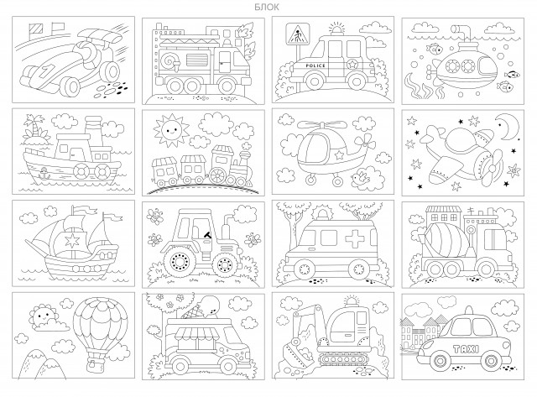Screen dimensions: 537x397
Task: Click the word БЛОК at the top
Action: (x=267, y=7)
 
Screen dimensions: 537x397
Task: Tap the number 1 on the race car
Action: (x=44, y=72)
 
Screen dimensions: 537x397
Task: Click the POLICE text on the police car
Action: (x=315, y=65)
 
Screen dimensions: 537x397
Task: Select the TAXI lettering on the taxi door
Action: (x=466, y=349)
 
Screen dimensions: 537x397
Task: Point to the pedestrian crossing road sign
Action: (x=297, y=34)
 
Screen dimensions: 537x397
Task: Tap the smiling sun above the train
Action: (x=171, y=129)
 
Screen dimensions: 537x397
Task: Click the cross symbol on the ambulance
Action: (x=355, y=238)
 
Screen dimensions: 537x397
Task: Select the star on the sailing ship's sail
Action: (x=72, y=240)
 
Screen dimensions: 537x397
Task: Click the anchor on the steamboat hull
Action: (x=44, y=172)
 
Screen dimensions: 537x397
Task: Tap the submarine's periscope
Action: (x=461, y=34)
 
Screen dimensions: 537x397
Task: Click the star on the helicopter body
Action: (x=339, y=155)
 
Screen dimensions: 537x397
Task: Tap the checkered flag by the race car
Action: (x=35, y=29)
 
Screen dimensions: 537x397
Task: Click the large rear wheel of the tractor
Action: (x=176, y=262)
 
